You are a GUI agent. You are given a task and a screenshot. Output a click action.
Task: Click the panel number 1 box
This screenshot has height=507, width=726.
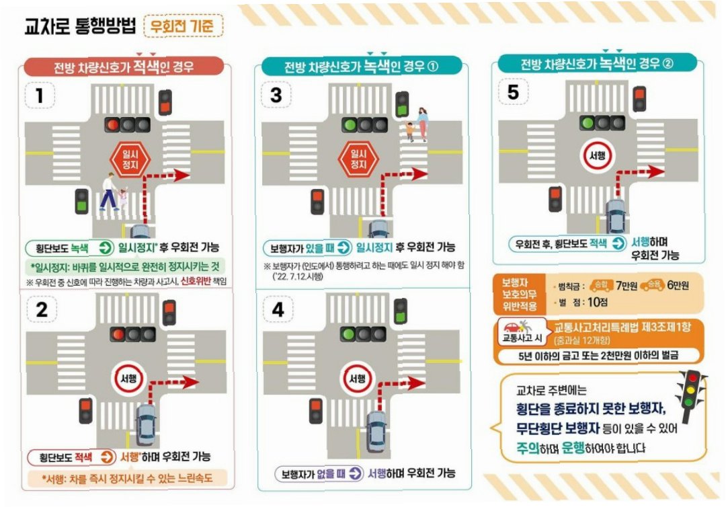(40, 95)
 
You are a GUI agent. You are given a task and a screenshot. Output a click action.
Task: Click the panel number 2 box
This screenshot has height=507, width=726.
(41, 309)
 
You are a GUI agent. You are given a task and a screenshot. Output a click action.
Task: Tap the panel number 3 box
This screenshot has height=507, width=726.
(276, 95)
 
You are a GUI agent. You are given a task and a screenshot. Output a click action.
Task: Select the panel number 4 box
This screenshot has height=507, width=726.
(278, 309)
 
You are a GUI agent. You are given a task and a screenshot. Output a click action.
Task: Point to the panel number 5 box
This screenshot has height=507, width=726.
(512, 91)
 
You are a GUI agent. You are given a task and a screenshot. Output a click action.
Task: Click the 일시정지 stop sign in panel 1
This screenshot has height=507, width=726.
(130, 159)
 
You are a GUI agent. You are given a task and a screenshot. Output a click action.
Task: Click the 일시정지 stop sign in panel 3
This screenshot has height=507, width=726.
(358, 159)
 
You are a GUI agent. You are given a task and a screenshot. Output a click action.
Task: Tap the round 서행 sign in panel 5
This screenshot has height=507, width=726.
(598, 155)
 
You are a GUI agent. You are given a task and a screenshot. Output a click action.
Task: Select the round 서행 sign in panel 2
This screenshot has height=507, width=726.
(128, 379)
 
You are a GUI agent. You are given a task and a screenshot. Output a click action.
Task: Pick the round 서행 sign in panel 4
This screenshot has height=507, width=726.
(357, 379)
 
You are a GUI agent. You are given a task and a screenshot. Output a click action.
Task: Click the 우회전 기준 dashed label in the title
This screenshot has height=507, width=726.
(184, 26)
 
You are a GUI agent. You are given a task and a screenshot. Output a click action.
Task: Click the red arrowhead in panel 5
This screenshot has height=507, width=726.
(657, 171)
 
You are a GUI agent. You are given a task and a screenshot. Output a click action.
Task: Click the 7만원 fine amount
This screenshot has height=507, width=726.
(626, 286)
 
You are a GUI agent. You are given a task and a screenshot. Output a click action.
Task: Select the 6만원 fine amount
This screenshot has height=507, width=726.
(678, 285)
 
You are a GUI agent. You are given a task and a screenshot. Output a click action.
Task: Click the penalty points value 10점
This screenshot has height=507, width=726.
(598, 303)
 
